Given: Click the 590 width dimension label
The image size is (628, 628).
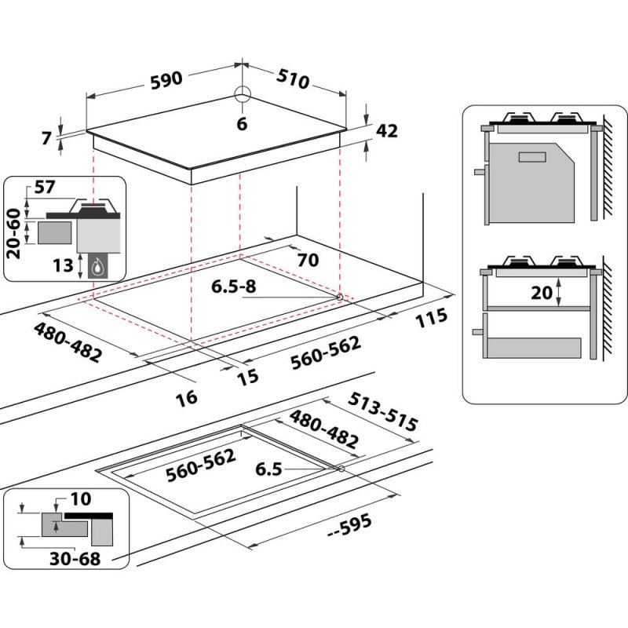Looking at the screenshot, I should click(x=166, y=79).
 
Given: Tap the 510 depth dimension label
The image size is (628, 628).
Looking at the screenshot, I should click(x=291, y=79).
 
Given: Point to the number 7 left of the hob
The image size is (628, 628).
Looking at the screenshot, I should click(x=47, y=138).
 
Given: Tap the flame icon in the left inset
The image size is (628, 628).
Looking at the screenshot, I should click(x=97, y=267).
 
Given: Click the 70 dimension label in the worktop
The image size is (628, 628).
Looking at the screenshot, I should click(x=308, y=260).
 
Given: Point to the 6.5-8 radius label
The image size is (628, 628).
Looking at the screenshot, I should click(x=233, y=287).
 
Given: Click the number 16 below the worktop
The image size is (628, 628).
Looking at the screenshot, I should click(x=186, y=397).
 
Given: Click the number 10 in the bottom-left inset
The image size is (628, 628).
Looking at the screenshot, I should click(x=80, y=499).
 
